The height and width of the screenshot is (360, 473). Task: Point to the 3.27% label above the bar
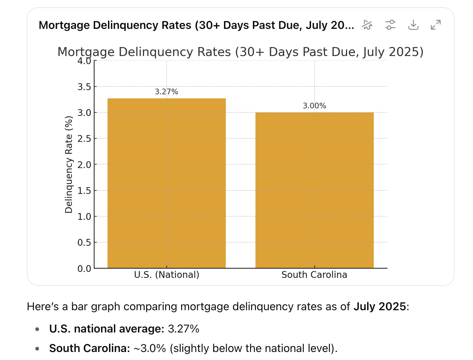tap(166, 92)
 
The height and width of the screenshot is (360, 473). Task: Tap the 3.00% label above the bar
tap(315, 106)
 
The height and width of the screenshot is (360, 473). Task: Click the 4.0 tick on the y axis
tap(84, 61)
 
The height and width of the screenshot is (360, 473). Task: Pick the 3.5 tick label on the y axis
tap(84, 87)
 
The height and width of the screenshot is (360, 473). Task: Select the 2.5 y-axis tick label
tap(84, 139)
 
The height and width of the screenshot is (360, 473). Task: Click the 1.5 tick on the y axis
tap(84, 190)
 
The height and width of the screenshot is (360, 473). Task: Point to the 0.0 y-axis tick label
tap(84, 268)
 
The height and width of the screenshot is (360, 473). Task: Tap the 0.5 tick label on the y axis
tap(84, 242)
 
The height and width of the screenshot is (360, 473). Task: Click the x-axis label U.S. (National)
tap(166, 275)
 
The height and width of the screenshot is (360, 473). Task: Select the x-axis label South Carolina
tap(314, 275)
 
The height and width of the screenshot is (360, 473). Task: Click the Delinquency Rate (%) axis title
tap(69, 164)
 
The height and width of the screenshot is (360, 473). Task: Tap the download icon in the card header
tap(413, 25)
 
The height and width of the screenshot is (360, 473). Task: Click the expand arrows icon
tap(435, 25)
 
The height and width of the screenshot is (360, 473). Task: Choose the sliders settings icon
tap(390, 25)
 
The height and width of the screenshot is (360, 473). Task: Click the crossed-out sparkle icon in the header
tap(367, 25)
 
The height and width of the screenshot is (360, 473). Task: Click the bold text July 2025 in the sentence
tap(380, 306)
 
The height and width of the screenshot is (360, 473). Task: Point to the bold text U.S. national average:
tap(107, 329)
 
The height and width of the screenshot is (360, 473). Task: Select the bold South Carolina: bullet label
tap(90, 348)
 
